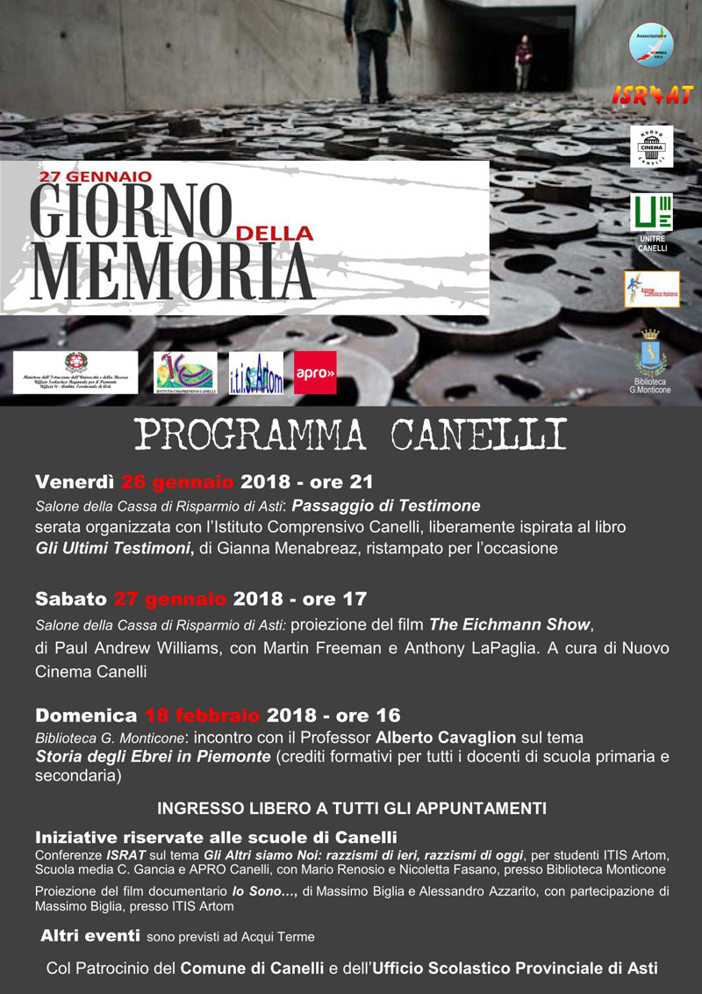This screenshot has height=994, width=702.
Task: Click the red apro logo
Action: [315, 372]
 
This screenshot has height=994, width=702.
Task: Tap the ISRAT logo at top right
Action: [652, 96]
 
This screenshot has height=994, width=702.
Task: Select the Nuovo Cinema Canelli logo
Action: [652, 146]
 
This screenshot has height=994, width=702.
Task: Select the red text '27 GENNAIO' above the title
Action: [96, 176]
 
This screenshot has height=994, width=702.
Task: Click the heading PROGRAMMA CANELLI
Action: [350, 435]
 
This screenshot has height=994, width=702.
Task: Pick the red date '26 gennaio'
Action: [177, 482]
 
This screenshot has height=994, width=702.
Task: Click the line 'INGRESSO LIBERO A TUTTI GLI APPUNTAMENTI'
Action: [351, 807]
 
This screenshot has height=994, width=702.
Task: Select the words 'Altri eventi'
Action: [90, 936]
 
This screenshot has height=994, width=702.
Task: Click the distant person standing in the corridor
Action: [525, 61]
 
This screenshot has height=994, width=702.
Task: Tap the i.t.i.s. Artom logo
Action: [255, 372]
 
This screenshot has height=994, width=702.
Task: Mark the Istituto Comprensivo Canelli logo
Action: [185, 372]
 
